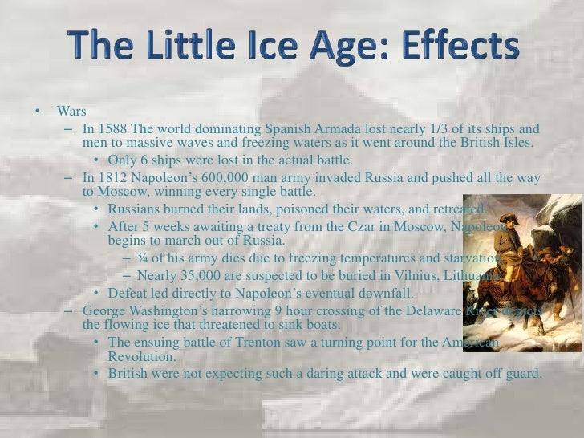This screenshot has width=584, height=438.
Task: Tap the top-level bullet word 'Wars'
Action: [71, 111]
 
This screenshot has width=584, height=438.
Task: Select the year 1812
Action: [113, 177]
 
